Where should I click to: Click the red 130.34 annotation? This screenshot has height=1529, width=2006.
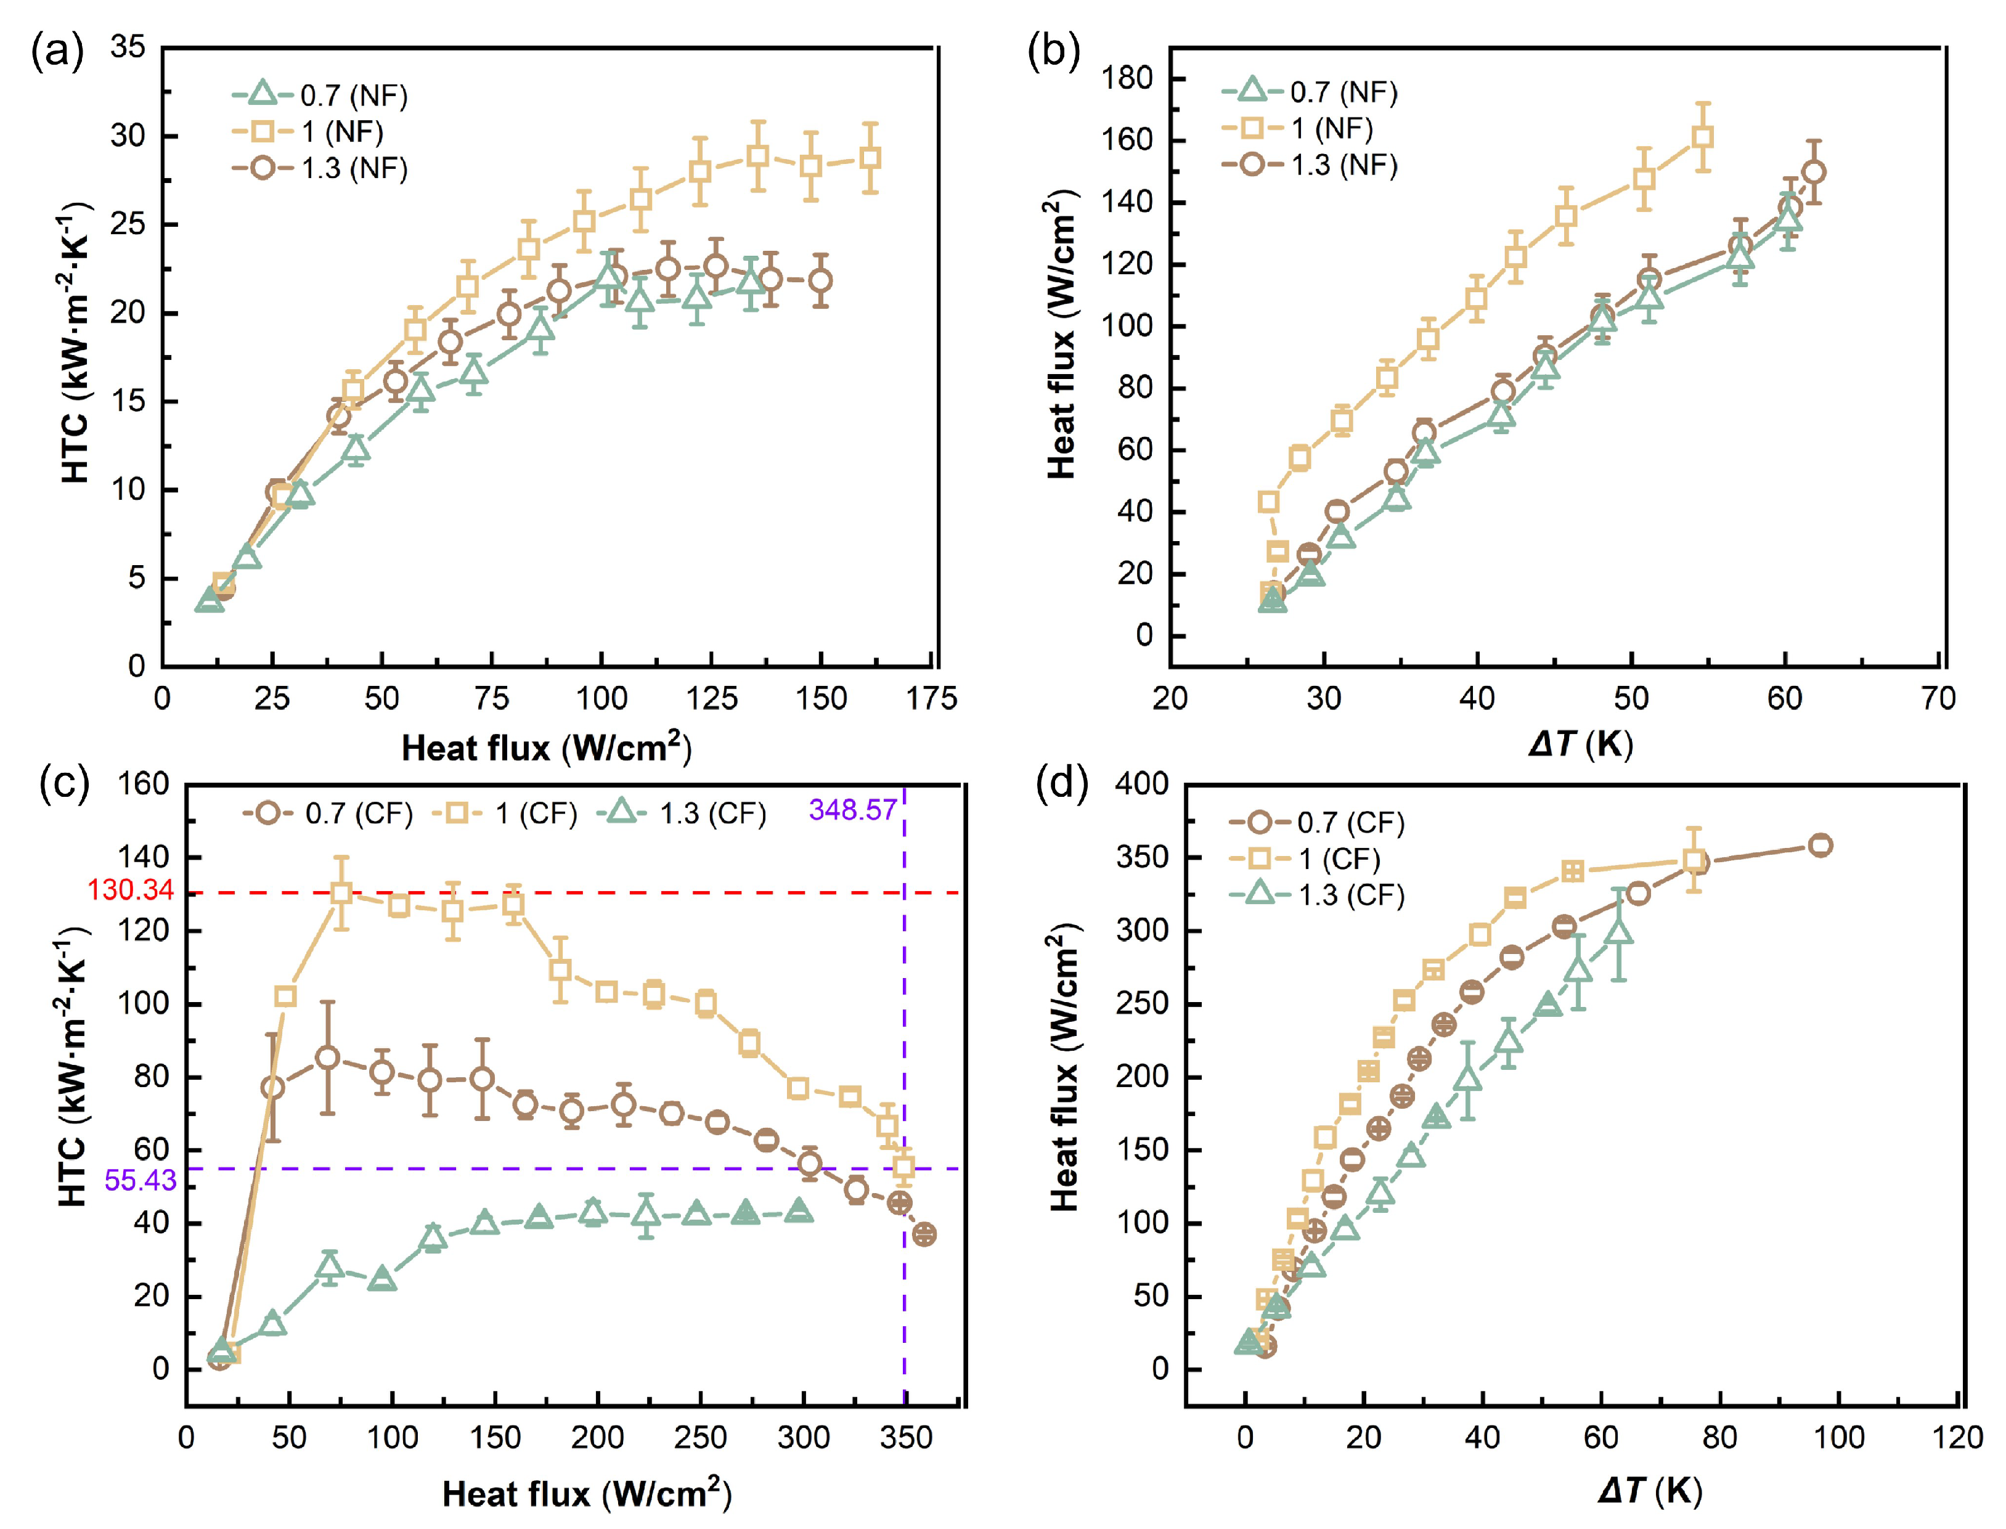[130, 890]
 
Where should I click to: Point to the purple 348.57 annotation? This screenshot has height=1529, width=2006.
[853, 809]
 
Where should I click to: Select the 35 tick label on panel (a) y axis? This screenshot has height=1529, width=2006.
[128, 47]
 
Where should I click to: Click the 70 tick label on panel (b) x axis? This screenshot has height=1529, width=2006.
[1938, 699]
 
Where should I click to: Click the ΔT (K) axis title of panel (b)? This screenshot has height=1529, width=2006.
[1581, 744]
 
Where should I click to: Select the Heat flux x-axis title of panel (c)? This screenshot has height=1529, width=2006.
[587, 1493]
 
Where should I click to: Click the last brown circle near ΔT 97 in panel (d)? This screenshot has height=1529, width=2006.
[1819, 846]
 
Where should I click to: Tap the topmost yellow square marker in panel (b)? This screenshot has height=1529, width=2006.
[1702, 137]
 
